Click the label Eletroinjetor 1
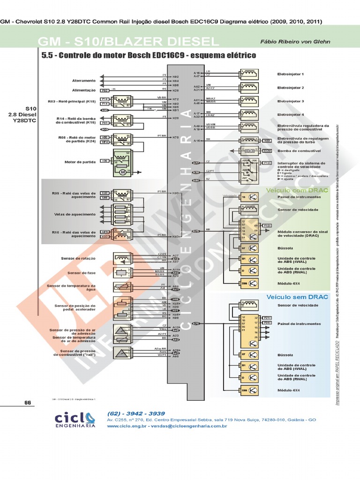(291, 74)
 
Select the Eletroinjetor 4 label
(291, 114)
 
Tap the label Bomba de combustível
(298, 151)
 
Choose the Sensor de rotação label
(77, 258)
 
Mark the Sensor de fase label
(82, 273)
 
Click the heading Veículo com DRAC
(292, 190)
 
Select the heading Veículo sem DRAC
(291, 297)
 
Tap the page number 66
(27, 403)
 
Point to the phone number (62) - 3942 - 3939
(136, 413)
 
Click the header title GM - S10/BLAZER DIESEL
(128, 42)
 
